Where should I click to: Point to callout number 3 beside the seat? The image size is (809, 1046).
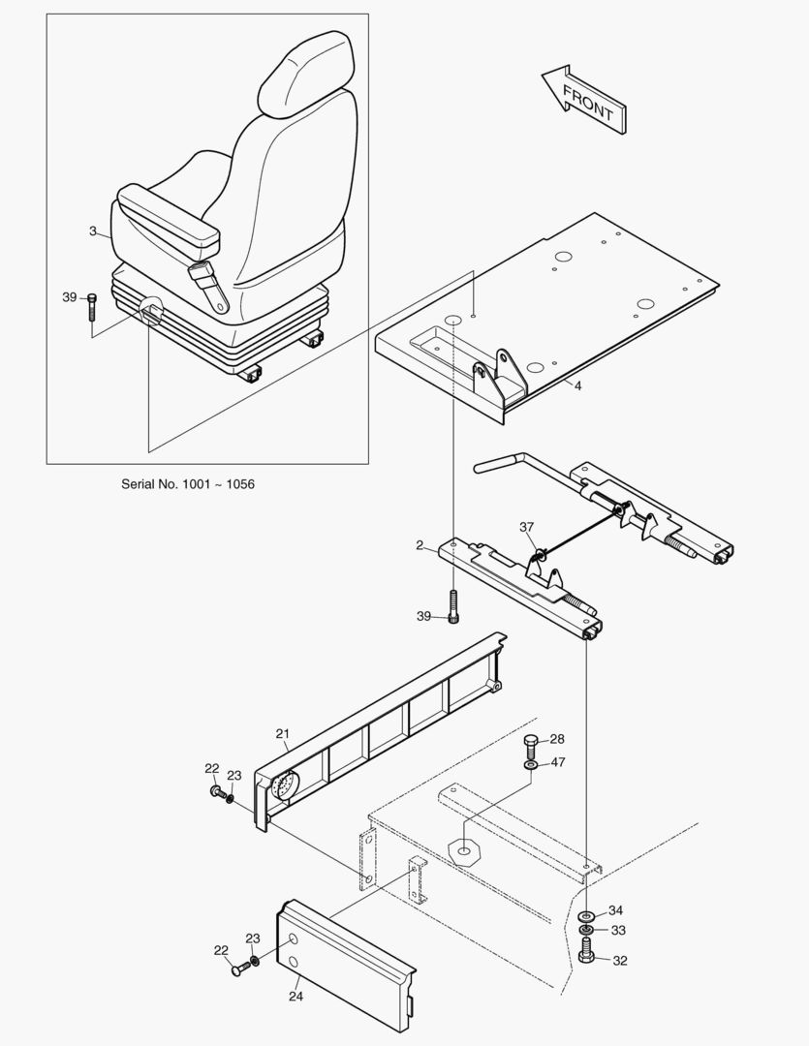coord(93,231)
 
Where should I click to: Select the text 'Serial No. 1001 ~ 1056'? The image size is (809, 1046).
coord(188,483)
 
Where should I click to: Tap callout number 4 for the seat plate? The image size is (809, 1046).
coord(577,385)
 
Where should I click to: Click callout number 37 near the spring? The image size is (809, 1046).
coord(526,527)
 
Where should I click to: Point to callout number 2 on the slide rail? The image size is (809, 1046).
coord(420,545)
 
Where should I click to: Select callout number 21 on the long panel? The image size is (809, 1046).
coord(282,733)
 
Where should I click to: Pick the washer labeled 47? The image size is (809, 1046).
coord(530,765)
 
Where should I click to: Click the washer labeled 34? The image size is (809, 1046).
coord(587,915)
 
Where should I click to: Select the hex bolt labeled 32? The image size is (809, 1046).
coord(587,957)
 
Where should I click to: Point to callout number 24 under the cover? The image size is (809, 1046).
coord(295,994)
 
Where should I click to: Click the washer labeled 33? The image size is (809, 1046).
coord(587,932)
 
